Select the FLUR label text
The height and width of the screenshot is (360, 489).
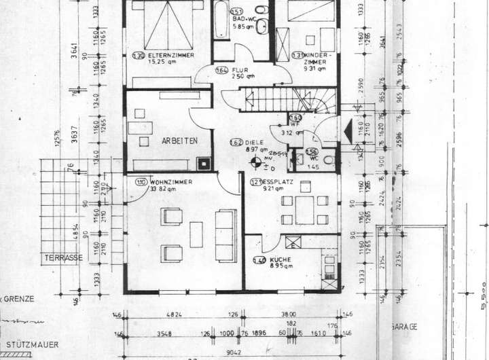tap(241, 69)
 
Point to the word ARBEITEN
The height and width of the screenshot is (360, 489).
tap(179, 141)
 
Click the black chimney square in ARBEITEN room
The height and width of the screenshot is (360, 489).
tap(202, 164)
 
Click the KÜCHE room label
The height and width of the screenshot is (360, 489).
tap(280, 260)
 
